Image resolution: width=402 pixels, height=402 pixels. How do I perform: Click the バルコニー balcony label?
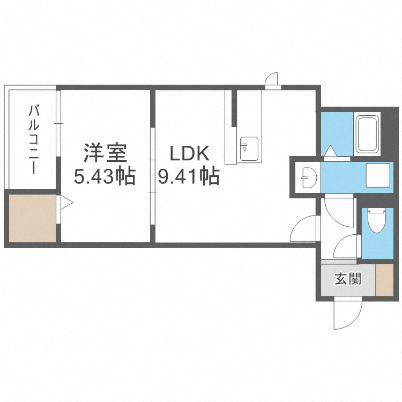pos(34,140)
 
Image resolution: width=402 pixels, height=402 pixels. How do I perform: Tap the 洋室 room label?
pos(106,153)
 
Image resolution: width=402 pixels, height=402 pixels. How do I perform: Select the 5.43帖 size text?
pos(105,176)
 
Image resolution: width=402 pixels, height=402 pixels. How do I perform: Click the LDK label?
pos(190,153)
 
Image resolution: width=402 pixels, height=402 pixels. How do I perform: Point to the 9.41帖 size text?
pos(189,176)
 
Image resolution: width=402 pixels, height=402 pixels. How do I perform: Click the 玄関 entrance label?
pos(348,279)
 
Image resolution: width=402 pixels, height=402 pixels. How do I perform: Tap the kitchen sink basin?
pos(249,148)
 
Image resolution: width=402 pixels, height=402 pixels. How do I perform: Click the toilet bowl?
pos(377,221)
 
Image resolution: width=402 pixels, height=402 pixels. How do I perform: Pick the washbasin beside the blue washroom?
pos(309,177)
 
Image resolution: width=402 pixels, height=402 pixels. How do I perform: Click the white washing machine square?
pos(378,175)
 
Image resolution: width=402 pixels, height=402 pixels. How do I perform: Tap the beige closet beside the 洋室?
pos(32,218)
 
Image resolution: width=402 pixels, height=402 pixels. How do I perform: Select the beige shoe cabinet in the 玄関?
pos(384,280)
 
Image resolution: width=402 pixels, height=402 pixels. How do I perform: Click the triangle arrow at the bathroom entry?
pos(331,151)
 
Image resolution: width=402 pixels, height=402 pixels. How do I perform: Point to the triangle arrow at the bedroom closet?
pos(66,203)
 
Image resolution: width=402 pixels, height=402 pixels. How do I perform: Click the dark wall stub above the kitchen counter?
pos(234,108)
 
